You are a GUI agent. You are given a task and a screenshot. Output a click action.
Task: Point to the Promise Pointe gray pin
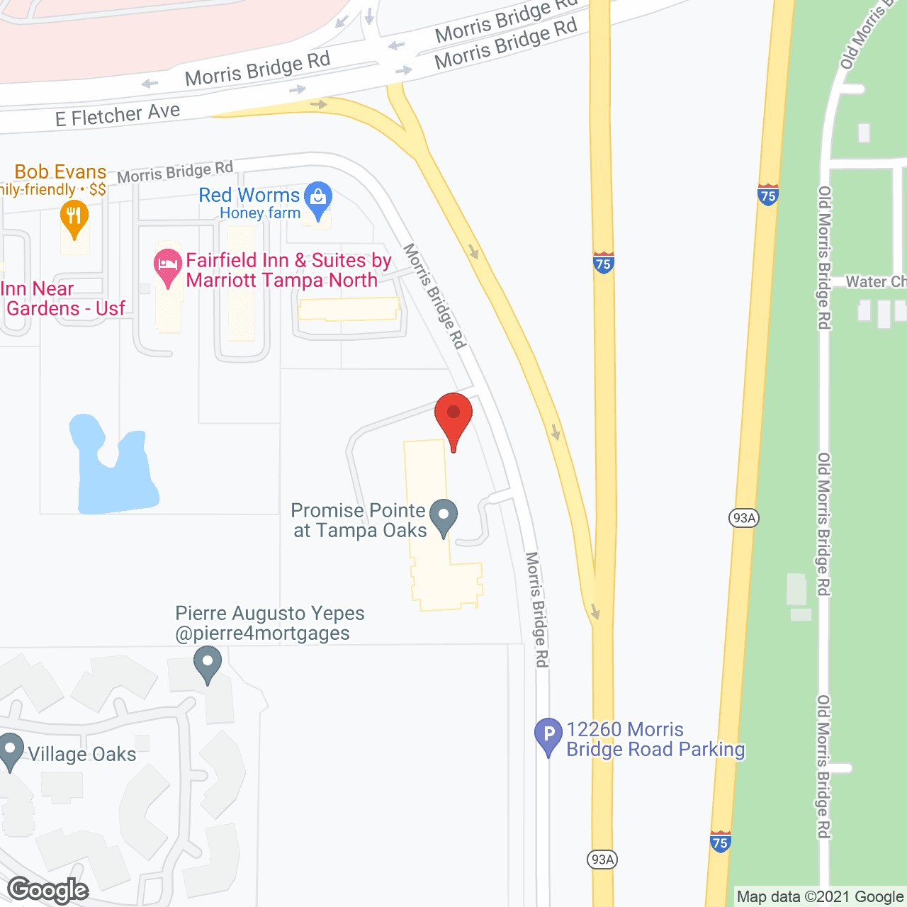coord(444,517)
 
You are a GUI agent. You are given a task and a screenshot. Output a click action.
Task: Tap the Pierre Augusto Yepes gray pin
coord(208,667)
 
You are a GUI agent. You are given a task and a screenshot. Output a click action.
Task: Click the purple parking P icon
coord(548,736)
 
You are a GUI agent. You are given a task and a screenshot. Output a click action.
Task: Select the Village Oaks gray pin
coord(10,750)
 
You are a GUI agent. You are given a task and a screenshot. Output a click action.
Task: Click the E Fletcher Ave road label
coord(118,114)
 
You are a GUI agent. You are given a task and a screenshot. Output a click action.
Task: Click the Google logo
coord(48,890)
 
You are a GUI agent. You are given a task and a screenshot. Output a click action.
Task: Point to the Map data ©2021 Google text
coord(820,897)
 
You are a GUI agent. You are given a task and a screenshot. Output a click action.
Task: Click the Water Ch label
coord(876,282)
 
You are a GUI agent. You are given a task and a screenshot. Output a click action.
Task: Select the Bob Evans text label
coord(60,172)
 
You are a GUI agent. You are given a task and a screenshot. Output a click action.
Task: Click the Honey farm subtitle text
coord(260,213)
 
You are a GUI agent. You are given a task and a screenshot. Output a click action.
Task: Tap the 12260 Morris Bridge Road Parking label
coord(655,740)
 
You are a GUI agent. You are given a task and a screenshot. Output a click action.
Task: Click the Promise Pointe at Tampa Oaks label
coord(359,520)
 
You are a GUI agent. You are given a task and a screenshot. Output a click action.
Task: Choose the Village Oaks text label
coord(82,754)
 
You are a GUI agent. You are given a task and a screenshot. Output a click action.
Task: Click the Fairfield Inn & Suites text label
coord(288,270)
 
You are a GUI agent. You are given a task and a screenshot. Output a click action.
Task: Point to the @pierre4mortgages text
coord(262,633)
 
